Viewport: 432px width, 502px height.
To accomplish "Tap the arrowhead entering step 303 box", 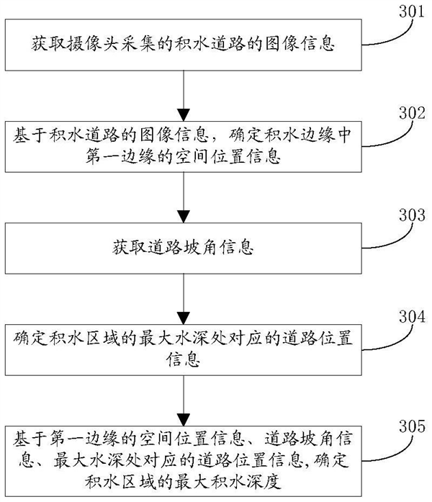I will (186, 216).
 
